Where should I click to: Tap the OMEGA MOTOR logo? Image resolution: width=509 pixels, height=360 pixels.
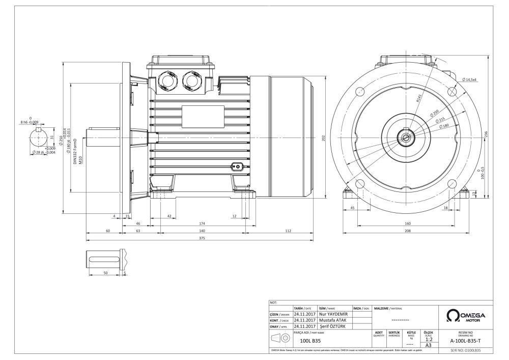click(x=465, y=316)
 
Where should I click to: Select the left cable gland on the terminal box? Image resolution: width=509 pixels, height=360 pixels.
click(x=167, y=79)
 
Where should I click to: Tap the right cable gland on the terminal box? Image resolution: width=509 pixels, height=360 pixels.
click(x=194, y=79)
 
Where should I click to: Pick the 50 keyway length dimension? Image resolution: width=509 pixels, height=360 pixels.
click(x=105, y=273)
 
